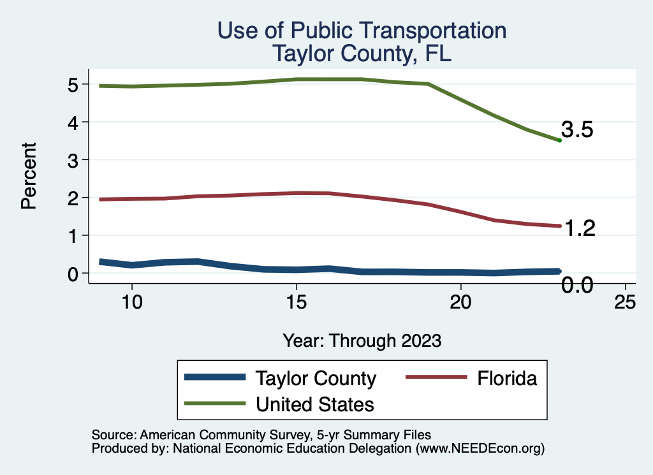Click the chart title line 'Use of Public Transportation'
coord(362,31)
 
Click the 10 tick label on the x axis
coord(131,302)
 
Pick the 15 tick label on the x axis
coord(296,302)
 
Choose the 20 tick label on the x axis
coord(460,302)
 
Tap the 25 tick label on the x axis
coord(625,302)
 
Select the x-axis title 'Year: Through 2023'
coord(362,340)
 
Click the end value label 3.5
coord(578,130)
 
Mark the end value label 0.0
coord(578,285)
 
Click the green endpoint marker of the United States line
coord(559,140)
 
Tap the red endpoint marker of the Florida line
coord(559,226)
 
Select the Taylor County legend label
coord(316,378)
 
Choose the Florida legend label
coord(507,378)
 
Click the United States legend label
coord(314,404)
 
